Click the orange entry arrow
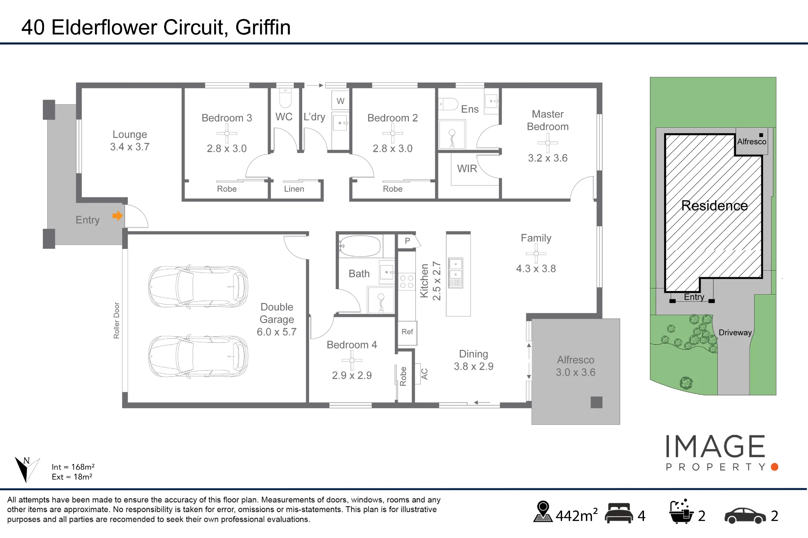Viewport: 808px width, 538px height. coord(118,216)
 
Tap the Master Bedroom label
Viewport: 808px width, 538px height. coord(547,120)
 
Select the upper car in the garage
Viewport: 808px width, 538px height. coord(198,287)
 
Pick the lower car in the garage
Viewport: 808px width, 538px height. coord(198,356)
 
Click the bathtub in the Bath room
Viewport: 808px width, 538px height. coord(360,246)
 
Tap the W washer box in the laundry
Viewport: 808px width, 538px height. coord(341,101)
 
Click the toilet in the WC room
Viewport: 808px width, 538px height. coord(285,98)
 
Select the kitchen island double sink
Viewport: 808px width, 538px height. coord(456,272)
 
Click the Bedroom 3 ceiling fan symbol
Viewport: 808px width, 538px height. coord(227,133)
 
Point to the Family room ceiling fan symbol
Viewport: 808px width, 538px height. coord(536,253)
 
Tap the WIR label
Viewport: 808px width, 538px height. coord(467,169)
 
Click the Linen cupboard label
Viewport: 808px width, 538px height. coord(294,189)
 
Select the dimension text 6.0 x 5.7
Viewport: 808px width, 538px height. coord(277,332)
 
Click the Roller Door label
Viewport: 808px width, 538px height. coord(116,320)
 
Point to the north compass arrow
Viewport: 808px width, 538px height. coord(25,469)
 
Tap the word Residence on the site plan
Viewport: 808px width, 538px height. coord(714,206)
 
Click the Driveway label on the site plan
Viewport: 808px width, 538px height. coord(735,333)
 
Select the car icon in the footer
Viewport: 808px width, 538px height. coord(745,515)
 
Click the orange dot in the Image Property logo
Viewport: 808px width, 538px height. coord(774,467)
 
